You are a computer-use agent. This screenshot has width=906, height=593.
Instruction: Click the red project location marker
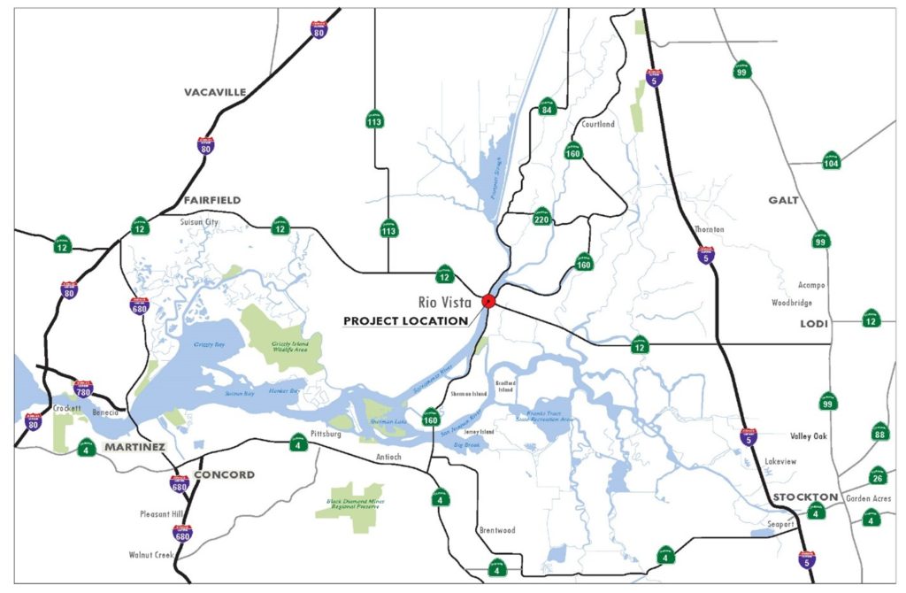488,301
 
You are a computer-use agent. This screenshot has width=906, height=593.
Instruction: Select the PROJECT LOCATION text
405,320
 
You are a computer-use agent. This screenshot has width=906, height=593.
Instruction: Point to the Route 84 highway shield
547,108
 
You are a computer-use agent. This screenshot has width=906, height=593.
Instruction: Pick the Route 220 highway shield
542,216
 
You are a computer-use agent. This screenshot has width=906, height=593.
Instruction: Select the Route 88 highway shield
879,432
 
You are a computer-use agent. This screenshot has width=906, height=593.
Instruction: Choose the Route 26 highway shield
877,477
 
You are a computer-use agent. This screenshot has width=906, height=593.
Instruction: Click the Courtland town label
598,125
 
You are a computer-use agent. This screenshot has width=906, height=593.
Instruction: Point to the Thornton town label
710,229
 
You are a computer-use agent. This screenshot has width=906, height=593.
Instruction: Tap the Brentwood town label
496,531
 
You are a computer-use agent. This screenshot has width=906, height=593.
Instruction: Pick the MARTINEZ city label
134,447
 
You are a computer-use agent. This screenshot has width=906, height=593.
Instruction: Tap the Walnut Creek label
150,556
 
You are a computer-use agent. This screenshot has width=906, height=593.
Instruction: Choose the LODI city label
814,324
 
